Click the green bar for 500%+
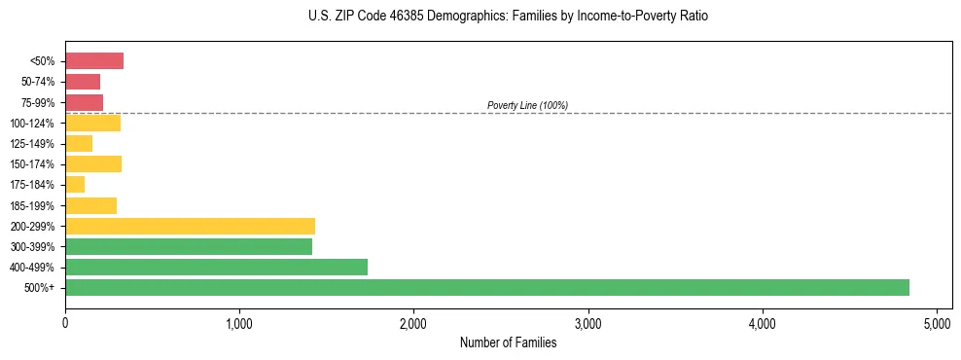tap(486, 287)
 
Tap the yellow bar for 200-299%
tap(190, 226)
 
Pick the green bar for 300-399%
tap(189, 246)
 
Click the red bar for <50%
tap(94, 61)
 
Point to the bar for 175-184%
tap(75, 185)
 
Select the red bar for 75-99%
tap(84, 102)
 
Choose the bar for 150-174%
tap(93, 164)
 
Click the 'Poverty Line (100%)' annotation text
tap(527, 105)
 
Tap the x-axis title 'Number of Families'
tap(508, 342)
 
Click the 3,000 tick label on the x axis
tap(587, 323)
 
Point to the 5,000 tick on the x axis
tap(937, 323)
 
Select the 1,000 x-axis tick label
tap(239, 323)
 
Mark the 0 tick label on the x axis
tap(65, 323)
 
